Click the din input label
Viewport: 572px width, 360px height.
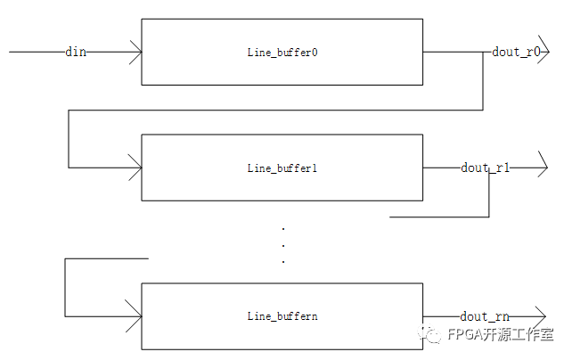pos(76,52)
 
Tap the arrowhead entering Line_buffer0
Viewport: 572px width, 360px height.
pos(135,52)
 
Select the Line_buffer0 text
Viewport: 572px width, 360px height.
pos(282,53)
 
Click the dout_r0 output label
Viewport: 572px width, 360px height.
pos(516,52)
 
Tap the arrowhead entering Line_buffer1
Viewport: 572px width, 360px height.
pos(135,167)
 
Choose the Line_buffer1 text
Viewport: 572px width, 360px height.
pos(282,168)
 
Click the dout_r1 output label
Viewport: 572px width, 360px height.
pos(485,167)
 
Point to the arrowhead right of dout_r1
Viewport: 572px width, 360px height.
pos(542,167)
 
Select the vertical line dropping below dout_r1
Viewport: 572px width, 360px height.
pos(489,192)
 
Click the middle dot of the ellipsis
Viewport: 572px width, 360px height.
pos(282,245)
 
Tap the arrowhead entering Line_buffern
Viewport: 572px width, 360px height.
pos(135,315)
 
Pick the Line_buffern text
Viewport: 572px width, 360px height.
pos(282,316)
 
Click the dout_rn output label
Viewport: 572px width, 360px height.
pos(485,315)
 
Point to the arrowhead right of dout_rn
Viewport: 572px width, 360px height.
pos(539,315)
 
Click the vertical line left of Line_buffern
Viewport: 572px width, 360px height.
pos(65,287)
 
